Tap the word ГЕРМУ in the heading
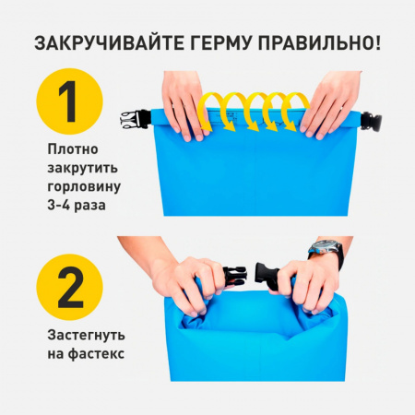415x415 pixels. [x=225, y=42]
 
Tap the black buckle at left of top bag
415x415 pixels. [x=132, y=119]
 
